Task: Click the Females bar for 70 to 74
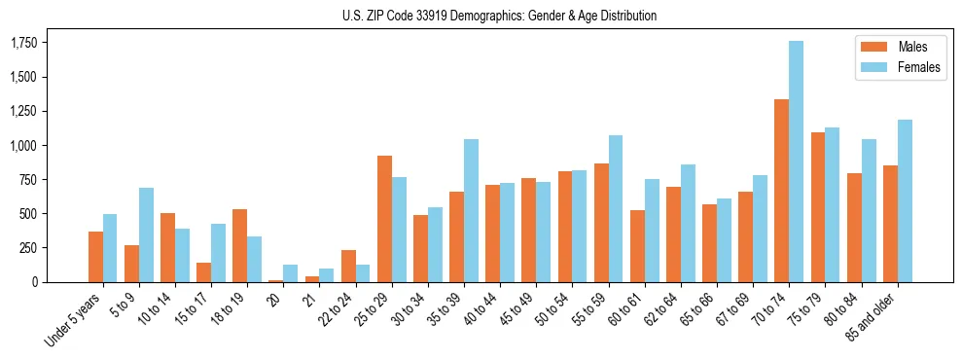click(796, 162)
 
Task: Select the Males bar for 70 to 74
click(781, 191)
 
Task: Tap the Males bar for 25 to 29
click(384, 219)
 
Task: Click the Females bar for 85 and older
click(904, 200)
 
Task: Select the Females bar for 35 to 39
click(471, 210)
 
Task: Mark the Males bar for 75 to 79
click(817, 207)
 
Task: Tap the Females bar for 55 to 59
click(615, 208)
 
